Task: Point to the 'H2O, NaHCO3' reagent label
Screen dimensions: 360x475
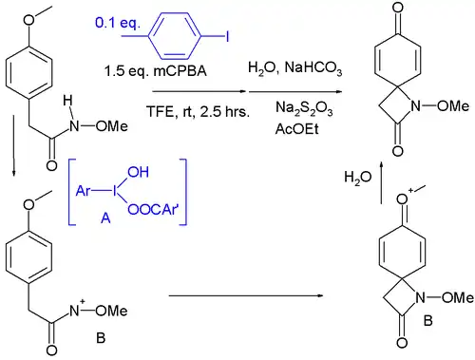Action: click(x=286, y=69)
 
